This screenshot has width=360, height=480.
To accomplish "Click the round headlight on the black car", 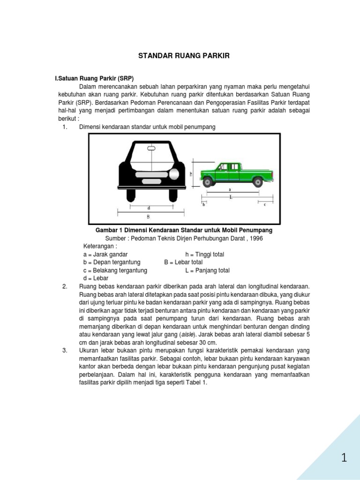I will pos(174,174).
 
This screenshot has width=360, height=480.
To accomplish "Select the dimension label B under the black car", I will pos(148,217).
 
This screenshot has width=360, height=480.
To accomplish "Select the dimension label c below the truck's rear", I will pos(264,205).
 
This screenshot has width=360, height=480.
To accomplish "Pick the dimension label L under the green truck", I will pos(231,197).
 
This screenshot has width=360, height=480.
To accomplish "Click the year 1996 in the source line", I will pos(256,239).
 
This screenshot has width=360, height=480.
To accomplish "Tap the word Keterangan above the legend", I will pos(99,247).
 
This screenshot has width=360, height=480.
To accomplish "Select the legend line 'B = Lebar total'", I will pos(183,262).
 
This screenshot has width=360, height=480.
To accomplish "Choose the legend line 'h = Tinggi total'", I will pos(204,255).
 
